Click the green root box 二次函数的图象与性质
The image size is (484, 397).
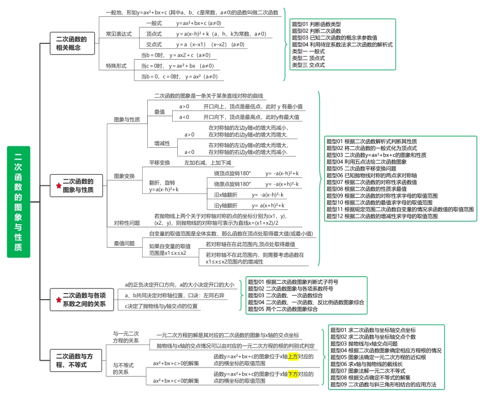point(18,202)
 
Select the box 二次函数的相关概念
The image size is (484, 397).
point(72,43)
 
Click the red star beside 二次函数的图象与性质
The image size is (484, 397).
point(59,186)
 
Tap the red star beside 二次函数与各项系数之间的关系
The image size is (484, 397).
point(59,300)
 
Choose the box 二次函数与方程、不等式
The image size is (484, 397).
point(76,360)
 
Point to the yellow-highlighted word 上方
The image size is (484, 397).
point(293,357)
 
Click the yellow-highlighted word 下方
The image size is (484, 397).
point(293,374)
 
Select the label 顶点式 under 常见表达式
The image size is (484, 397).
point(154,34)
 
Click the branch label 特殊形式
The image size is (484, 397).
point(116,66)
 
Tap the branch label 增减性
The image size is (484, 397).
point(162,144)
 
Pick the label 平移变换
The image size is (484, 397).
point(159,163)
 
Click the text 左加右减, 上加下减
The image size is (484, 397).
point(208,163)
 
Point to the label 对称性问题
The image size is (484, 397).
point(127,223)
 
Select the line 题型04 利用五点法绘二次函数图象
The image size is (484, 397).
point(367,162)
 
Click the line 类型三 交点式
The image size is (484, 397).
point(308,65)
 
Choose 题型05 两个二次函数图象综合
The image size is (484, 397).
point(283,309)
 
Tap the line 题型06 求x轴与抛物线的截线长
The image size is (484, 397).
point(367,364)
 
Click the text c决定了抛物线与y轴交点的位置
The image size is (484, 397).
point(161,306)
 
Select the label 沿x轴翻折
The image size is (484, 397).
point(226,195)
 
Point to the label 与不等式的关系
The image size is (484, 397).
point(123,368)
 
